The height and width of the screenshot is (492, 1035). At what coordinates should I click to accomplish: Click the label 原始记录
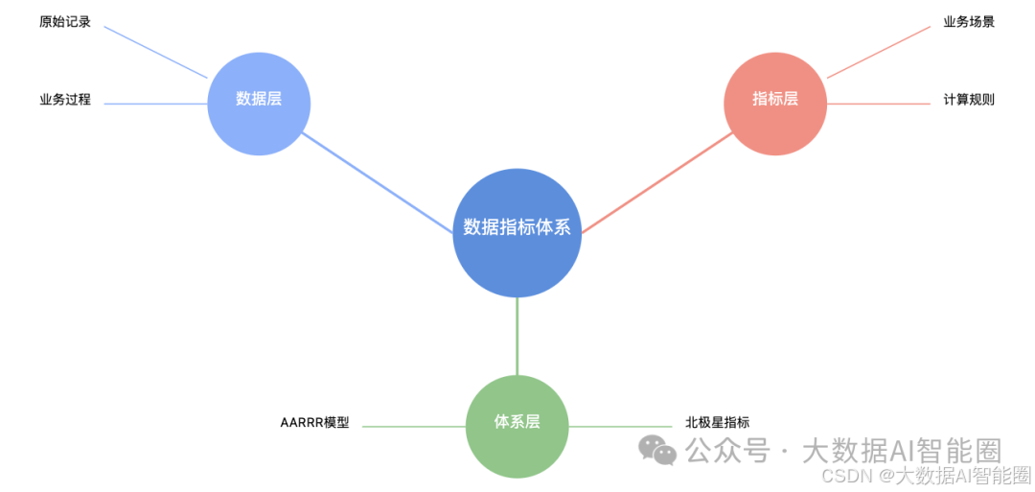(65, 21)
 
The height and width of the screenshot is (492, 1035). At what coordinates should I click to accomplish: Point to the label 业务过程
(65, 99)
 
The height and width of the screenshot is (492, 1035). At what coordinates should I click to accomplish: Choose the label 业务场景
(969, 21)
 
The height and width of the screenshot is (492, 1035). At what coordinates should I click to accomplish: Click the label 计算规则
(969, 99)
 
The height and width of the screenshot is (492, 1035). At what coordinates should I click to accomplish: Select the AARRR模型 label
(314, 422)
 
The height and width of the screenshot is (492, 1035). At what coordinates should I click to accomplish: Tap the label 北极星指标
(717, 422)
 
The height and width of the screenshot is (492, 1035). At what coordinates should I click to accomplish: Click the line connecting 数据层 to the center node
(379, 182)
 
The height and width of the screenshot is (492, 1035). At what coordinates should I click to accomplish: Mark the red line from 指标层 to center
(656, 182)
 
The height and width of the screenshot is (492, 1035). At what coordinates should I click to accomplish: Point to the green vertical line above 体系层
(517, 336)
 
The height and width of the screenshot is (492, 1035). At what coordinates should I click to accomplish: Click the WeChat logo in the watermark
(657, 449)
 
